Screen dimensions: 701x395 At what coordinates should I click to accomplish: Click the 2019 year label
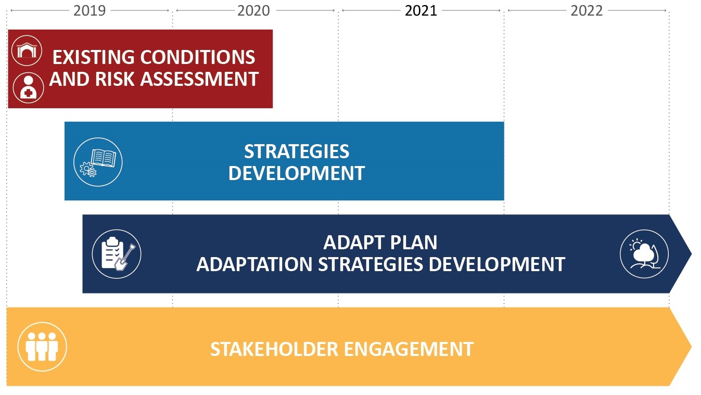(x=90, y=10)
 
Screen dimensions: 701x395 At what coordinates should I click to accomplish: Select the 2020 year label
(x=253, y=10)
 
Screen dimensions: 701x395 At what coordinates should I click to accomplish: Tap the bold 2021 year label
(x=421, y=10)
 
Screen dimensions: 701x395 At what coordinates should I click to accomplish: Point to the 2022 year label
(x=587, y=10)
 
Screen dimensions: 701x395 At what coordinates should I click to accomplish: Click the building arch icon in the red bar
(x=27, y=50)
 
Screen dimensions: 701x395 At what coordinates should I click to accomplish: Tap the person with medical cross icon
(x=28, y=88)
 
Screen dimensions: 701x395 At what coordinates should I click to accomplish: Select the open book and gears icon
(x=98, y=162)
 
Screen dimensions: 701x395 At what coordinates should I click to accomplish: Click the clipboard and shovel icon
(x=117, y=254)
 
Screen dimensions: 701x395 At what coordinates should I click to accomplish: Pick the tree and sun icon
(x=644, y=254)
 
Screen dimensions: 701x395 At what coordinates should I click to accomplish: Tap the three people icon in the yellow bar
(x=42, y=347)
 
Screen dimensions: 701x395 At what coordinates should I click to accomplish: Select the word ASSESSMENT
(x=199, y=79)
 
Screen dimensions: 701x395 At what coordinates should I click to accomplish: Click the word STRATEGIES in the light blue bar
(x=297, y=151)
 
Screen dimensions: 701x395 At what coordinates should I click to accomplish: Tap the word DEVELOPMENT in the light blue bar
(x=297, y=173)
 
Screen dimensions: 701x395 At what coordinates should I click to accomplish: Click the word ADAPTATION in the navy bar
(x=254, y=264)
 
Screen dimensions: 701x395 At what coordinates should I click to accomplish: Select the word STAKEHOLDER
(x=274, y=349)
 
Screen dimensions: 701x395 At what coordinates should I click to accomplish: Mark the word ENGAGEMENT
(x=409, y=349)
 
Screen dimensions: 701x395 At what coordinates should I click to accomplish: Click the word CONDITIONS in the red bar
(x=197, y=57)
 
